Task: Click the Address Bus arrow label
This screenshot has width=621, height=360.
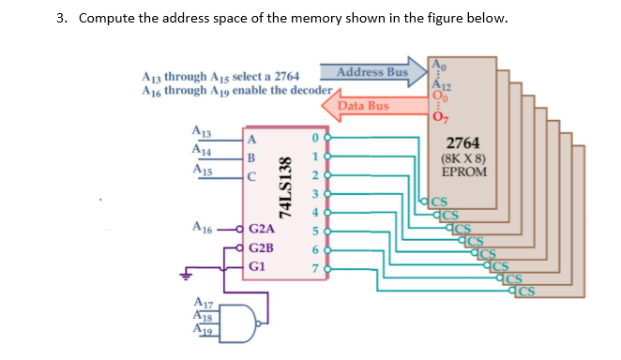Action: click(371, 72)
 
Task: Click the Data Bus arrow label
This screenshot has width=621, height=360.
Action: click(362, 106)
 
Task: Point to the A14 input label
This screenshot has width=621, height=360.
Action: click(200, 150)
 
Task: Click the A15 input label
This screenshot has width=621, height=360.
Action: click(200, 171)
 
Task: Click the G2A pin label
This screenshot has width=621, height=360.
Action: click(262, 228)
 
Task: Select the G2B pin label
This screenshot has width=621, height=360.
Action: click(262, 247)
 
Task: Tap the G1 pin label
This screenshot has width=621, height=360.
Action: click(258, 266)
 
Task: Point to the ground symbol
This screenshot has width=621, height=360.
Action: click(188, 277)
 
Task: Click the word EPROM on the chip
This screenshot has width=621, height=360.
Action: click(463, 172)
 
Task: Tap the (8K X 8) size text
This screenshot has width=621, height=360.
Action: click(463, 158)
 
